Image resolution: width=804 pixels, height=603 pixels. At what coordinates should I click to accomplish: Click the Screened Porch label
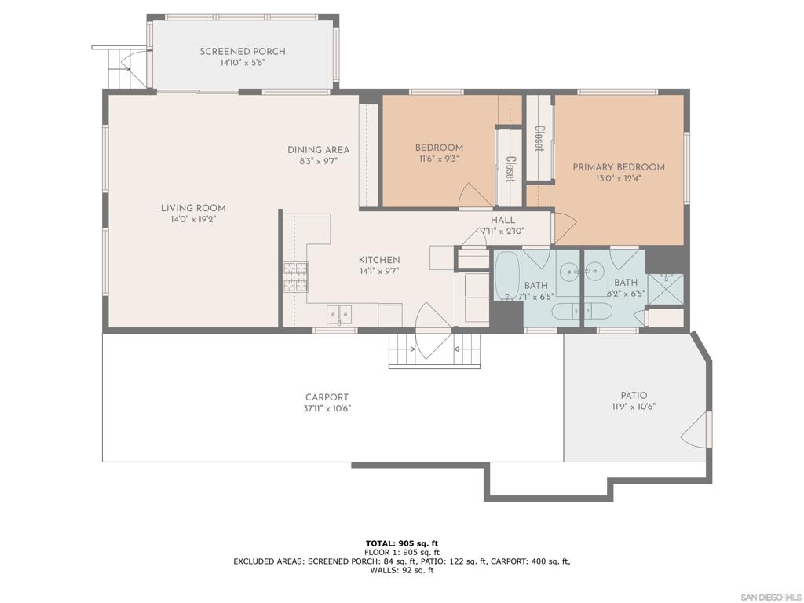coord(243,52)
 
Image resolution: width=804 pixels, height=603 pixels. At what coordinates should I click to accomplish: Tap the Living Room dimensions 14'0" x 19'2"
coord(193,220)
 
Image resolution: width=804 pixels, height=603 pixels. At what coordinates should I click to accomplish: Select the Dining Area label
coord(319,150)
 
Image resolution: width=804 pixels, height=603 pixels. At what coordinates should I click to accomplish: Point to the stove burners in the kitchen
coord(296,277)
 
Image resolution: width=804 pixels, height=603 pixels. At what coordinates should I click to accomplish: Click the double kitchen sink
coord(339,313)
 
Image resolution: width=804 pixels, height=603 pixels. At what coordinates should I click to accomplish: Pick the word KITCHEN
coord(379,260)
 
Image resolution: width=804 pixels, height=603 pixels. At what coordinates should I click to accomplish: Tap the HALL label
coord(502,220)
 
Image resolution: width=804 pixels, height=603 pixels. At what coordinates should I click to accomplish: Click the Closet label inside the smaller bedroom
coord(510,170)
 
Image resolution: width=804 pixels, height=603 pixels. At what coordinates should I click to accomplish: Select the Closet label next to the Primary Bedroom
coord(539,138)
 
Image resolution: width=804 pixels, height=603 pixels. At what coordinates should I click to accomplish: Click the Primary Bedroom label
coord(619,167)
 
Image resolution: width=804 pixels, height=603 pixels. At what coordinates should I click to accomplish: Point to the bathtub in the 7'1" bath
coord(507,276)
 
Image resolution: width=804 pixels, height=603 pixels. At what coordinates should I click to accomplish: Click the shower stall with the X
coord(666,289)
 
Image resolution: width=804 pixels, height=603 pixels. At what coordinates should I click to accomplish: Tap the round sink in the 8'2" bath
coord(594,269)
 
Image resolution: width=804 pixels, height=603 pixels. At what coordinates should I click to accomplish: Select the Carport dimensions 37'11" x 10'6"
coord(327,408)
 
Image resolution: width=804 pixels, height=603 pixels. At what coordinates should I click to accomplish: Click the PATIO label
coord(634,396)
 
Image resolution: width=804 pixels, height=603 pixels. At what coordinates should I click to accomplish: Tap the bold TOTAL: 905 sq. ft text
coord(402,543)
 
